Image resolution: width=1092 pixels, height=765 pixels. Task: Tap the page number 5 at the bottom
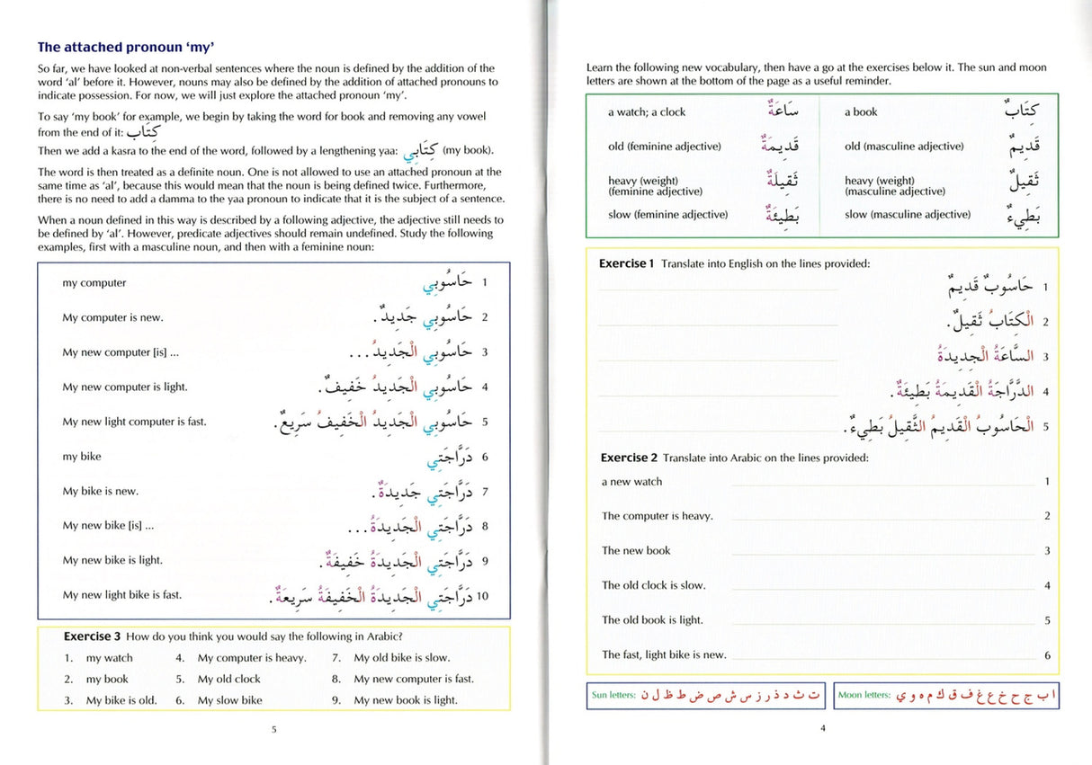(x=273, y=729)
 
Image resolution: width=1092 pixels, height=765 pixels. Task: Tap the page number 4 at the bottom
(x=822, y=728)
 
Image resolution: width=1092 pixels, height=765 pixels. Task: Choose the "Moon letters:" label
(x=864, y=695)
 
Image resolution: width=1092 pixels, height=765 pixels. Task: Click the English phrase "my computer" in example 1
(x=94, y=283)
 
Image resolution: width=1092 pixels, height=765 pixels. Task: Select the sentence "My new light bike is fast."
(x=121, y=595)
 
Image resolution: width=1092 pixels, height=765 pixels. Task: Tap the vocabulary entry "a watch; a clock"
(x=646, y=112)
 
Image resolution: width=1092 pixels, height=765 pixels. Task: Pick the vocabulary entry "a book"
(x=861, y=112)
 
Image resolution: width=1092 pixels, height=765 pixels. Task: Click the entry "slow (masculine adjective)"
(x=908, y=215)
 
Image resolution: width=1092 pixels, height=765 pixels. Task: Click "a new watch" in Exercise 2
(x=631, y=482)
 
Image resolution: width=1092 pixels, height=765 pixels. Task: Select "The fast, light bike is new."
(x=664, y=655)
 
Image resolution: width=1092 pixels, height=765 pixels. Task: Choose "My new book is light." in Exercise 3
(x=406, y=700)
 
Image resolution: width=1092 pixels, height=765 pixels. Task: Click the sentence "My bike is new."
(x=100, y=492)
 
